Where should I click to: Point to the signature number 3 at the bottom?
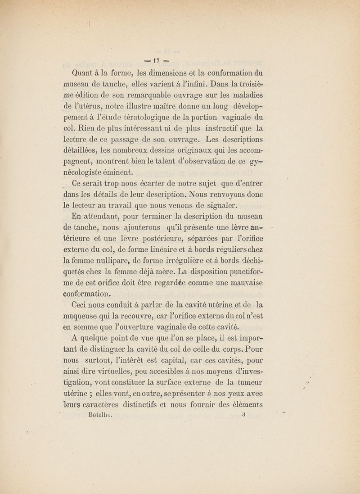[242, 416]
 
